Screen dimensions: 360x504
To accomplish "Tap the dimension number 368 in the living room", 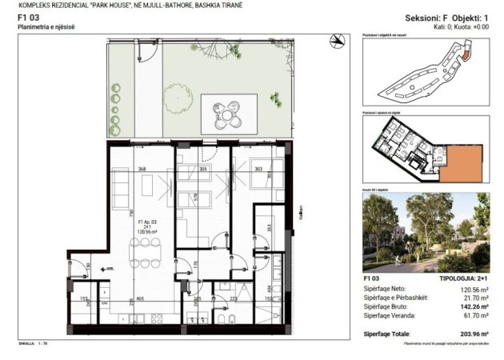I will [142, 169].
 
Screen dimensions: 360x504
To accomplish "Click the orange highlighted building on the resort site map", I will [464, 55].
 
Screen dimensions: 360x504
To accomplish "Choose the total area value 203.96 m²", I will [470, 334].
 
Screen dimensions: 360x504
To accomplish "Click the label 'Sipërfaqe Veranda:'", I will [389, 316].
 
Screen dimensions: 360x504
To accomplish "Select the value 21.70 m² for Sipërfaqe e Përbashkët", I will [473, 298].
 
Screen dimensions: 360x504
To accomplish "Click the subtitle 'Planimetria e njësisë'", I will [46, 27].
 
